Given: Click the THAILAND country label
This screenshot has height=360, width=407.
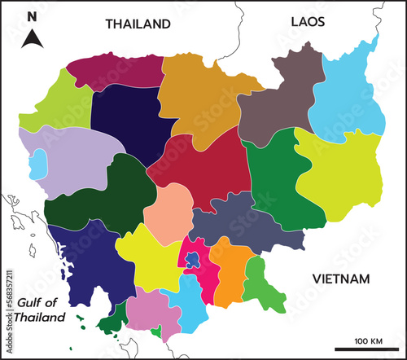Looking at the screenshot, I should point(138,24).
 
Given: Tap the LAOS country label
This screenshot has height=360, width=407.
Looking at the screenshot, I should point(308,22).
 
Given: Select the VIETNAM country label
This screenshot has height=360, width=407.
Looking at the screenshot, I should point(341,279).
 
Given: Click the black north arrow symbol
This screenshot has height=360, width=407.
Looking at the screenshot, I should point(32,37).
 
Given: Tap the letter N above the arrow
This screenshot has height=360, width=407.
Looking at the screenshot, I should point(32,16).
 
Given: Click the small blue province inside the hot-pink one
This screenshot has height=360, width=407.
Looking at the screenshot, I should point(192,261).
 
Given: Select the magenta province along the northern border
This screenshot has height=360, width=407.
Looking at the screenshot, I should point(114,70).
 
